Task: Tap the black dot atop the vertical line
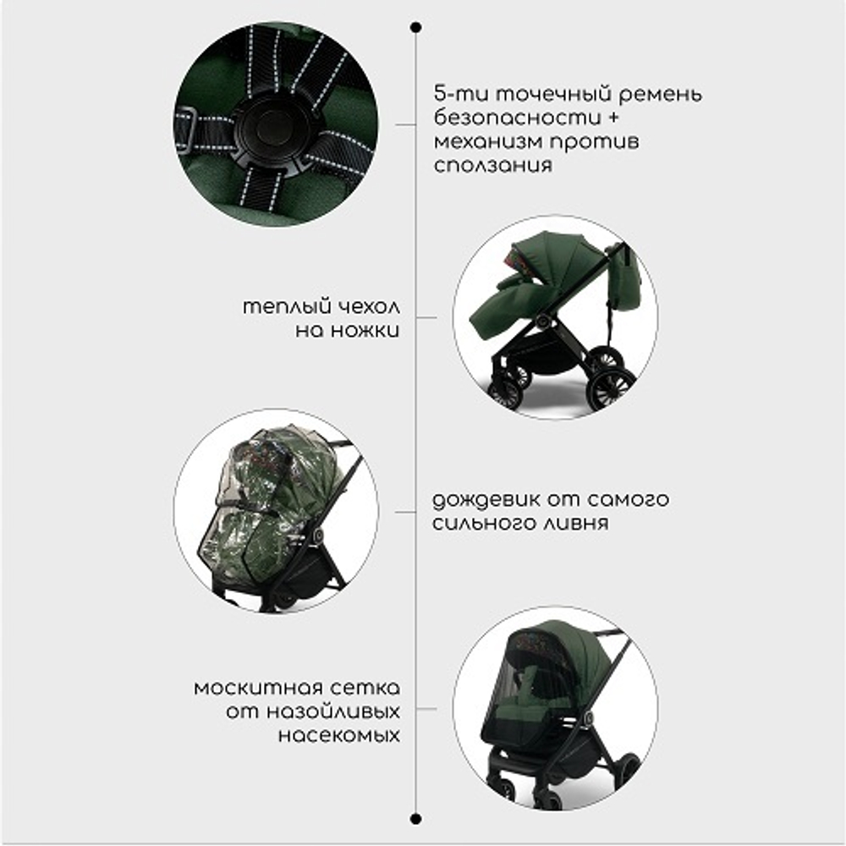click(415, 27)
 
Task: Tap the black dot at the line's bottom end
click(415, 818)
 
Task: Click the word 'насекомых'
click(338, 735)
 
